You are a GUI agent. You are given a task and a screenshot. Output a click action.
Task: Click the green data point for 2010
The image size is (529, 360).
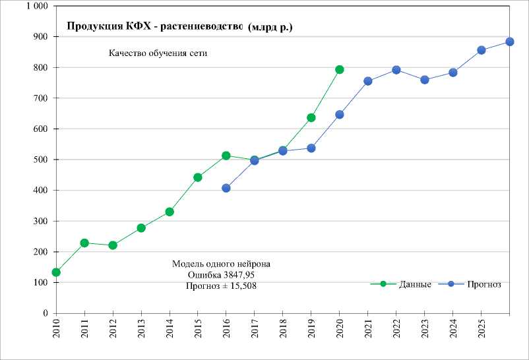click(56, 272)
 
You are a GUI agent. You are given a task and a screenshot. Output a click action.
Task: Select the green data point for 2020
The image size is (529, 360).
click(339, 69)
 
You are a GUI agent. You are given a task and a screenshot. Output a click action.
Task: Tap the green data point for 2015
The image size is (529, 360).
click(198, 177)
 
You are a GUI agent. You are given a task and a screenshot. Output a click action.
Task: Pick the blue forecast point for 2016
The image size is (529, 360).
click(226, 188)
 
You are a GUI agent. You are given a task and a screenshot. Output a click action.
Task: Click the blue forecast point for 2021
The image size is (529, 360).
click(367, 81)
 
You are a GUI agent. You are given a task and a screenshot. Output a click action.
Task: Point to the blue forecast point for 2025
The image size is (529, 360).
click(481, 50)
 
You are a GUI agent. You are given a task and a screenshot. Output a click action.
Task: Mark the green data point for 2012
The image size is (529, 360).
click(113, 245)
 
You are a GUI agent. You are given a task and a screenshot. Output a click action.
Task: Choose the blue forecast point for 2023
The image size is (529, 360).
click(424, 80)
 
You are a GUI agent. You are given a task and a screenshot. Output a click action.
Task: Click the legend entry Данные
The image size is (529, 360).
click(415, 284)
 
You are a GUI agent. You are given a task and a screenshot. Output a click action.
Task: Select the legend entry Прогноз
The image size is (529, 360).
click(484, 284)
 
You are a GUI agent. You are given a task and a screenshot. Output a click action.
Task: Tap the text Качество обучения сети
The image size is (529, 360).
click(158, 53)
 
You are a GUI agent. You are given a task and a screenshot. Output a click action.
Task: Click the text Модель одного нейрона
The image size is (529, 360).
click(221, 264)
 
